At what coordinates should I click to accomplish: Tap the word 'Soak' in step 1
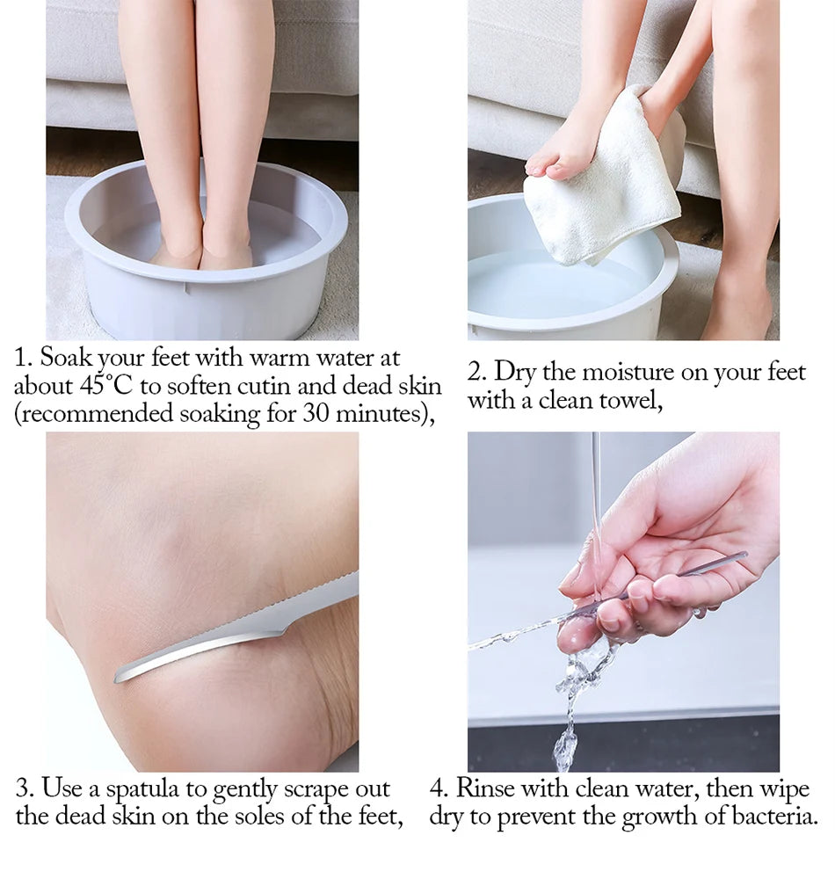pyautogui.click(x=66, y=359)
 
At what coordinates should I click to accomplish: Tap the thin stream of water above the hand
pyautogui.click(x=596, y=492)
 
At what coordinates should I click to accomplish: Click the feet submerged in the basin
pyautogui.click(x=201, y=254)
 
